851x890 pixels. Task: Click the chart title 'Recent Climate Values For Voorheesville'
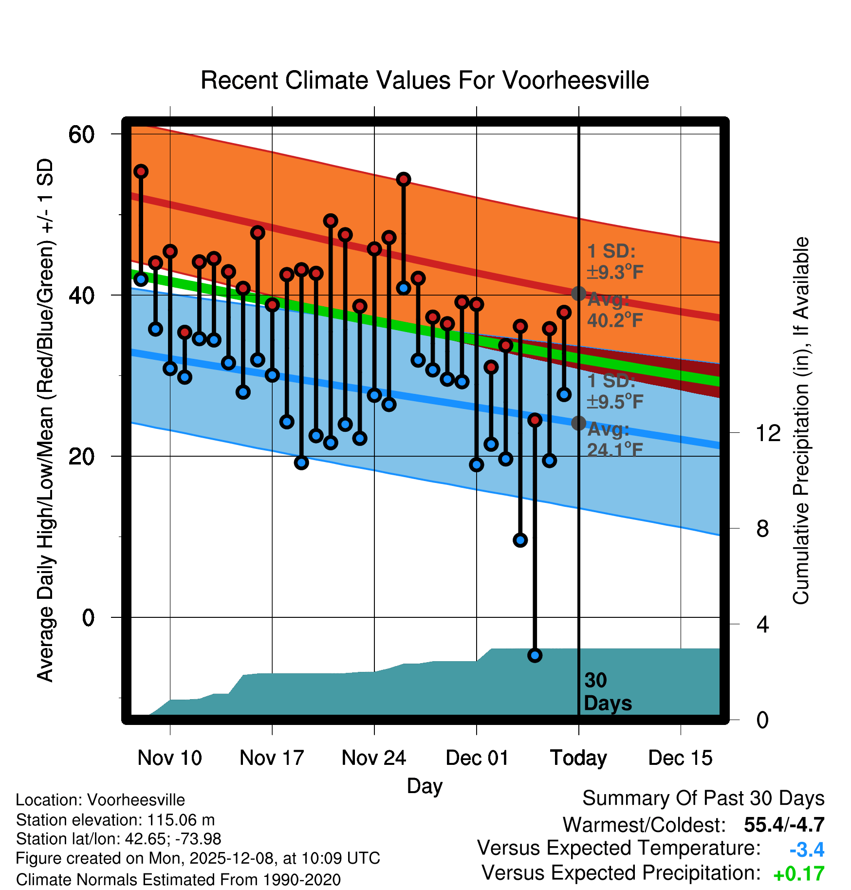[425, 80]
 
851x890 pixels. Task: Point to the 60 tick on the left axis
[81, 134]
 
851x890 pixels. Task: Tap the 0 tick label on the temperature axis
[88, 617]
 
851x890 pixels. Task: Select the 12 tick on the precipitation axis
[768, 433]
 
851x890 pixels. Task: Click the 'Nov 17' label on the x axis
[272, 758]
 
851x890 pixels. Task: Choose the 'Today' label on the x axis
[578, 758]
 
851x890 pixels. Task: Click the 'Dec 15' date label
[680, 758]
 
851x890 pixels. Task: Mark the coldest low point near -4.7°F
[535, 655]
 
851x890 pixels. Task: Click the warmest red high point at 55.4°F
[141, 171]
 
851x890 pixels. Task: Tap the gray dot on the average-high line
[578, 293]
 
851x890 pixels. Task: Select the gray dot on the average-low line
[578, 423]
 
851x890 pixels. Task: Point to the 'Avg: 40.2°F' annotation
[614, 310]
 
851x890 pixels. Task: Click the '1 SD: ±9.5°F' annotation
[614, 391]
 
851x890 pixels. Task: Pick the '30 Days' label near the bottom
[607, 692]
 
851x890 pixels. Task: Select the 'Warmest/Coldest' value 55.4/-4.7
[784, 825]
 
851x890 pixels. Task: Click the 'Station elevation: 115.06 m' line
[115, 820]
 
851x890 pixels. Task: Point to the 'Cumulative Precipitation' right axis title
[801, 421]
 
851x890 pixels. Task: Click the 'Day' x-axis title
[425, 786]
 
